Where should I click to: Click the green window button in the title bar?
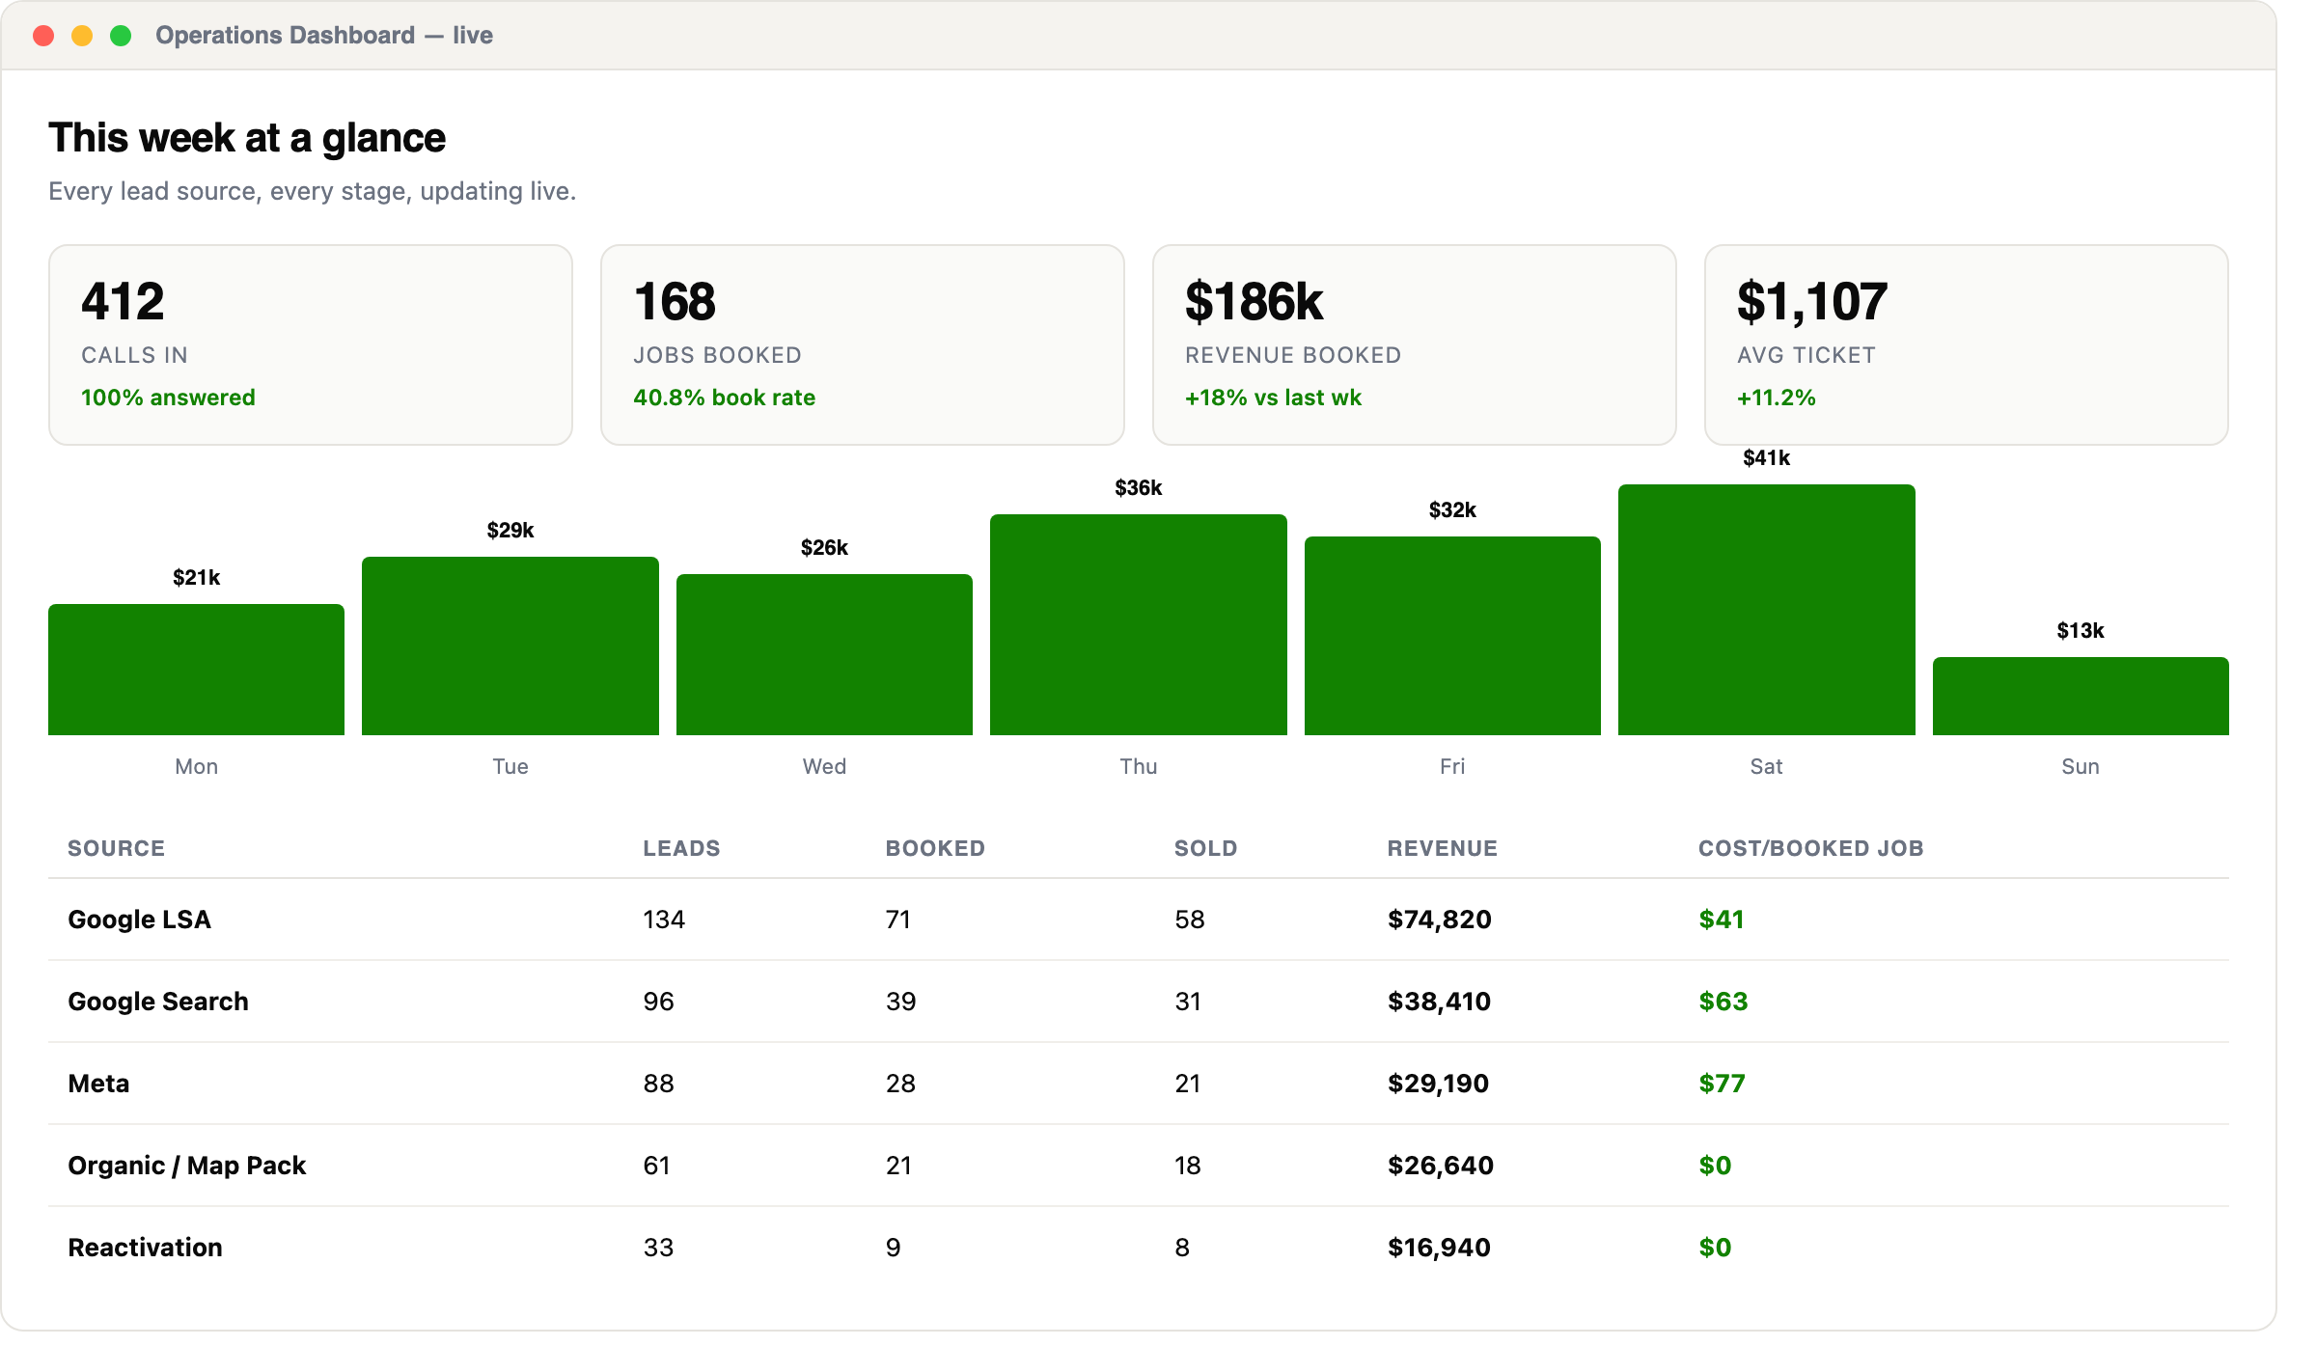(121, 36)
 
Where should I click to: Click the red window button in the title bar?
(43, 36)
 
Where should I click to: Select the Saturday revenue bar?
(1766, 610)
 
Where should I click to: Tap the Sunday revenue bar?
(2081, 696)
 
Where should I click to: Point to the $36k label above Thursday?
(1139, 488)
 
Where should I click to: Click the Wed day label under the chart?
(824, 766)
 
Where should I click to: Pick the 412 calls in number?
(123, 301)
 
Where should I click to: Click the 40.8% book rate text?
(724, 398)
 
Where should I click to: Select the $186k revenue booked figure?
(1254, 301)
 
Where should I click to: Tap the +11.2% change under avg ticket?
(1777, 398)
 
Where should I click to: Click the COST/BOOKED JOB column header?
(1810, 848)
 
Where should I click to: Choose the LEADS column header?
(681, 848)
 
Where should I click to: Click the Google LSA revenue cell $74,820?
(1440, 920)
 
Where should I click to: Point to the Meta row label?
(98, 1084)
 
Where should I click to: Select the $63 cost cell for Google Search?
(1723, 1002)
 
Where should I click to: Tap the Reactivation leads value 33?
(658, 1248)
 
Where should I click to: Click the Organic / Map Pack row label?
(187, 1166)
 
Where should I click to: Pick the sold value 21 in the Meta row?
(1188, 1084)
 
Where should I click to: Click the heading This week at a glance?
(247, 138)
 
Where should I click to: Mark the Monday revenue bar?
(196, 670)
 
